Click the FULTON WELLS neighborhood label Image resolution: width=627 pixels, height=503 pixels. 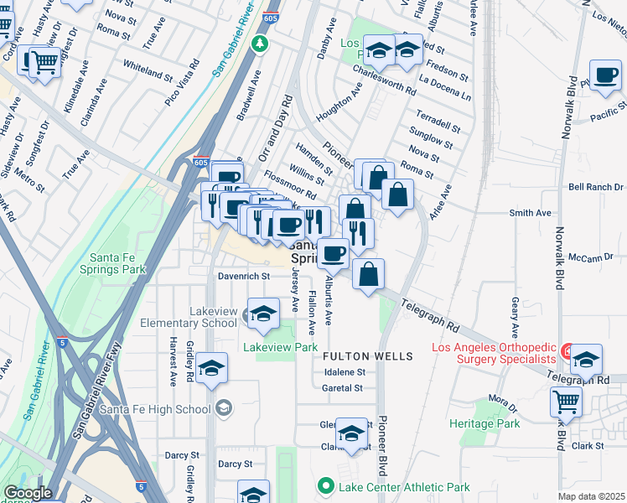pos(368,356)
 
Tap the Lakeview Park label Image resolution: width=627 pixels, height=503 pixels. pos(280,346)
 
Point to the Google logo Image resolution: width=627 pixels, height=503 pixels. pos(28,493)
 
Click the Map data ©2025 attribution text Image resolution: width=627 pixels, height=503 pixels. pos(591,496)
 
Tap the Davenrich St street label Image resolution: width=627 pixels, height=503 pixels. pos(242,275)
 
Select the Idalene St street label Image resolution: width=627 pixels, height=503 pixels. pos(345,372)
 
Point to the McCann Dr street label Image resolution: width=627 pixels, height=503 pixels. pos(585,258)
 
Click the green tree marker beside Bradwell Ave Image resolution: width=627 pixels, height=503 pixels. pos(261,43)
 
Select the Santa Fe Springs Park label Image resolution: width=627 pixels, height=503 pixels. pos(112,263)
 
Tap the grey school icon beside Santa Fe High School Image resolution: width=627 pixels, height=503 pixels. pos(222,408)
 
